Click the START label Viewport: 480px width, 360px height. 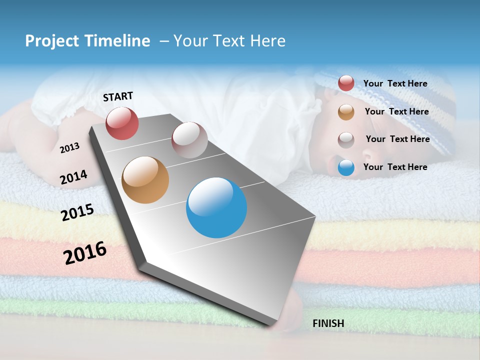(118, 96)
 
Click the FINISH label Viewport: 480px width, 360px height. (328, 323)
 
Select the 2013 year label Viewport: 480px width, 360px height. (69, 147)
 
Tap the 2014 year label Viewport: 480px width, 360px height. (73, 177)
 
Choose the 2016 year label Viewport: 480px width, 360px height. (85, 252)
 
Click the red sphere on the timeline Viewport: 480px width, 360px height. (122, 123)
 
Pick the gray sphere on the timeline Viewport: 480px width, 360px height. (189, 139)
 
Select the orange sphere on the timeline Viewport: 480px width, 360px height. (145, 180)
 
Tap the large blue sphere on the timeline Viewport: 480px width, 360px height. (216, 207)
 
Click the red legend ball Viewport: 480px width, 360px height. (346, 83)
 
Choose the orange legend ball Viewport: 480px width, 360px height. (346, 111)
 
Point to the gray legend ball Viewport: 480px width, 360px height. (346, 139)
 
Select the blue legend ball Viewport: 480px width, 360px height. (346, 167)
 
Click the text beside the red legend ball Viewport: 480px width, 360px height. (395, 83)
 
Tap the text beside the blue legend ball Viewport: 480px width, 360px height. (395, 167)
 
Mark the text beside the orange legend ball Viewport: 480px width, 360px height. (396, 111)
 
